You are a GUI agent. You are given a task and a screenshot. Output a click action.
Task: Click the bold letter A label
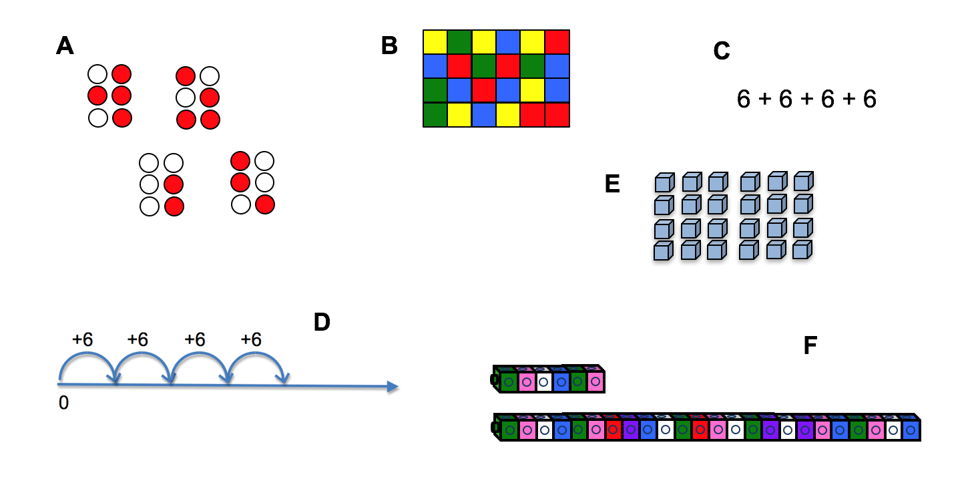tap(65, 45)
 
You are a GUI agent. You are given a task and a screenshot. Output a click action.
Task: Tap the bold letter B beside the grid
tap(389, 45)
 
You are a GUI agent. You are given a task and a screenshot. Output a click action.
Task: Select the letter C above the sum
tap(722, 50)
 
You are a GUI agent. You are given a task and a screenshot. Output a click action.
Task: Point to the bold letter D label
tap(322, 322)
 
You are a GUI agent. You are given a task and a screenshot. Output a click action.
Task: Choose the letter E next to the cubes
tap(612, 184)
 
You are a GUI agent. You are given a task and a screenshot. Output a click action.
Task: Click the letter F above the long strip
tap(810, 345)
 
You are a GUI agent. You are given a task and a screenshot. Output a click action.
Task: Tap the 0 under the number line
tap(63, 403)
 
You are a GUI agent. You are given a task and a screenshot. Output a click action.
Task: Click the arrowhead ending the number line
tap(393, 387)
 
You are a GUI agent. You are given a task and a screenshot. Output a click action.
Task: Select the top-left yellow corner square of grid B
tap(435, 42)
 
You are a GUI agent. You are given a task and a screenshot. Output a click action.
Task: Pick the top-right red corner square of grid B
tap(557, 42)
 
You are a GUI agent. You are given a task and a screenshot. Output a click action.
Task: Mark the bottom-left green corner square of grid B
tap(435, 115)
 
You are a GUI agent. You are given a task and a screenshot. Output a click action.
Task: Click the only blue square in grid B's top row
tap(508, 42)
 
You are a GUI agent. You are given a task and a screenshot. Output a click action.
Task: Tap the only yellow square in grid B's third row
tap(533, 90)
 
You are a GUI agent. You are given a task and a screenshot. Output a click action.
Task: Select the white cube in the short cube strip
tap(543, 381)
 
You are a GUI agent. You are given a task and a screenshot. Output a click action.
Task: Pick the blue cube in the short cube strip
tap(561, 381)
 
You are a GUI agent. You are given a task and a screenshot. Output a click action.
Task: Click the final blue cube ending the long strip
tap(911, 430)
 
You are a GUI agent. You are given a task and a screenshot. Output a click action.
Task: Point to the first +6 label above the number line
tap(82, 339)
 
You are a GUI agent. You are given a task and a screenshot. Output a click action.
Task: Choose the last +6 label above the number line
tap(251, 339)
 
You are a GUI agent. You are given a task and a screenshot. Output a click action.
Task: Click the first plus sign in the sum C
tap(765, 99)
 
